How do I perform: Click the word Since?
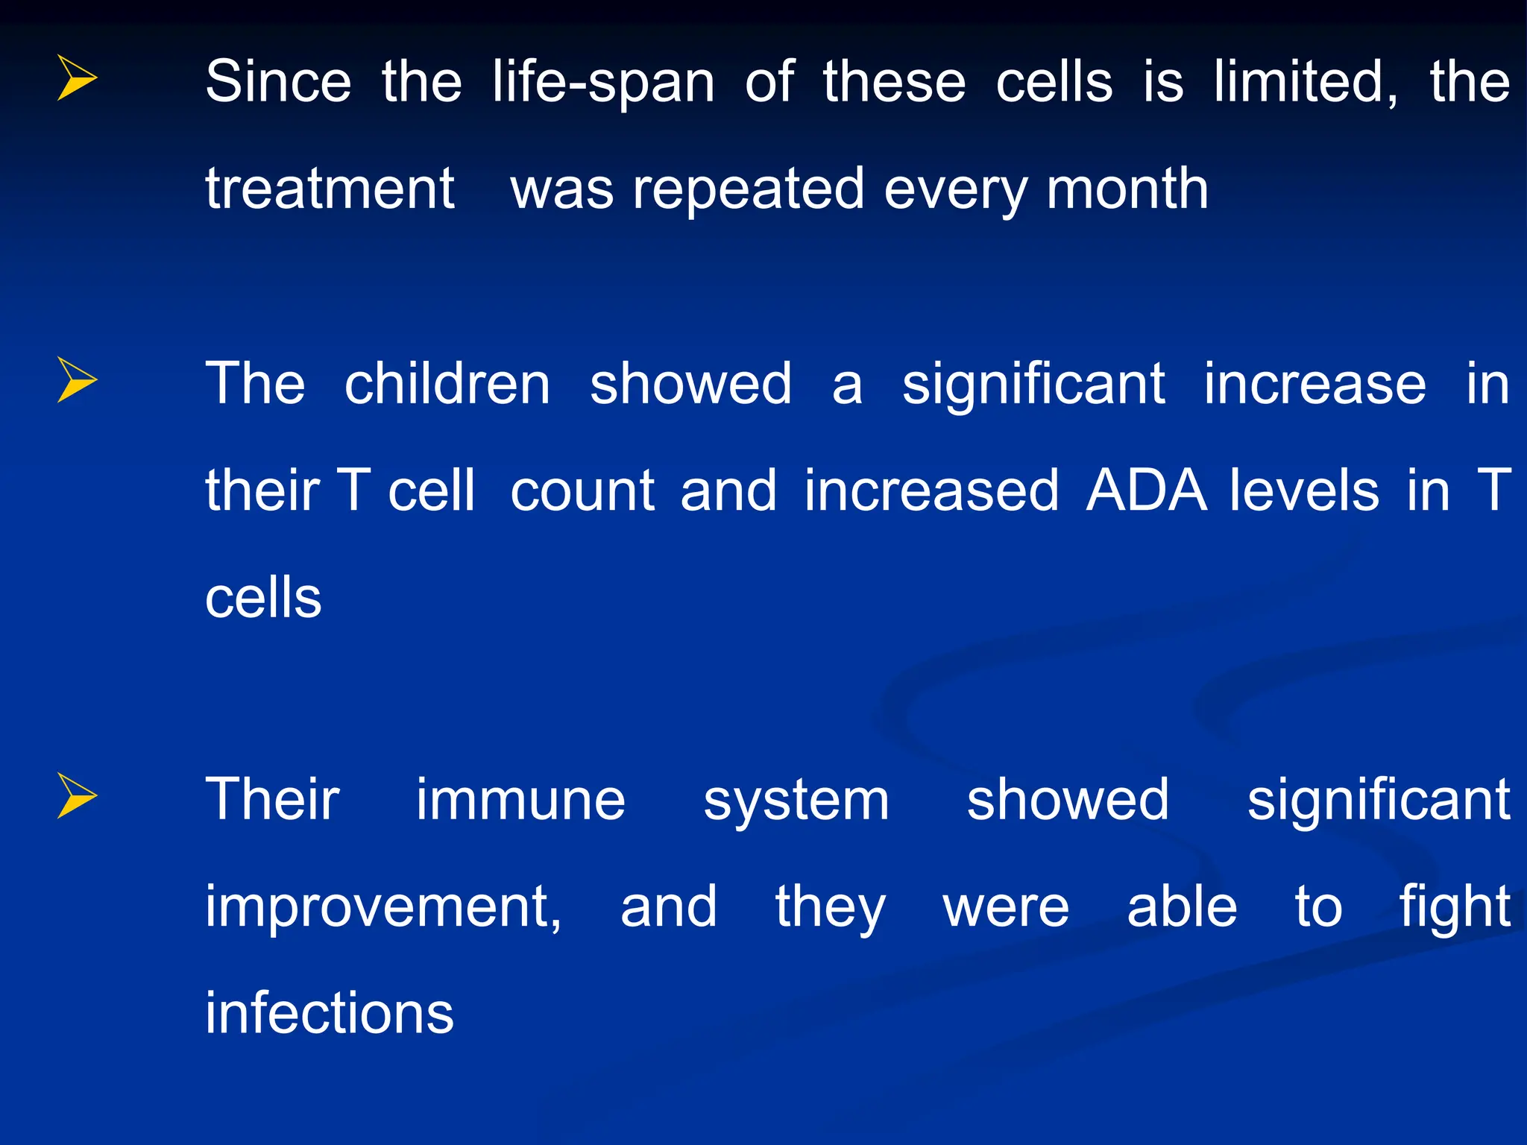point(277,81)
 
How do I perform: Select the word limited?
point(1305,82)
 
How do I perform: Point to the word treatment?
point(330,189)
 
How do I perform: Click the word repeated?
point(749,191)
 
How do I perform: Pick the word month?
point(1127,189)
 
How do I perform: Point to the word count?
point(582,492)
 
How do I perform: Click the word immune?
point(520,800)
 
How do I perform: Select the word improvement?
point(383,907)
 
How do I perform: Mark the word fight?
point(1454,909)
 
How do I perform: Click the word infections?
point(330,1013)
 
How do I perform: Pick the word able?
point(1182,907)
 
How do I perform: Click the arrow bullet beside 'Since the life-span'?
point(76,78)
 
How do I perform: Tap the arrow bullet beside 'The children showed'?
point(76,379)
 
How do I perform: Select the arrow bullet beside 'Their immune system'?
point(76,796)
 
